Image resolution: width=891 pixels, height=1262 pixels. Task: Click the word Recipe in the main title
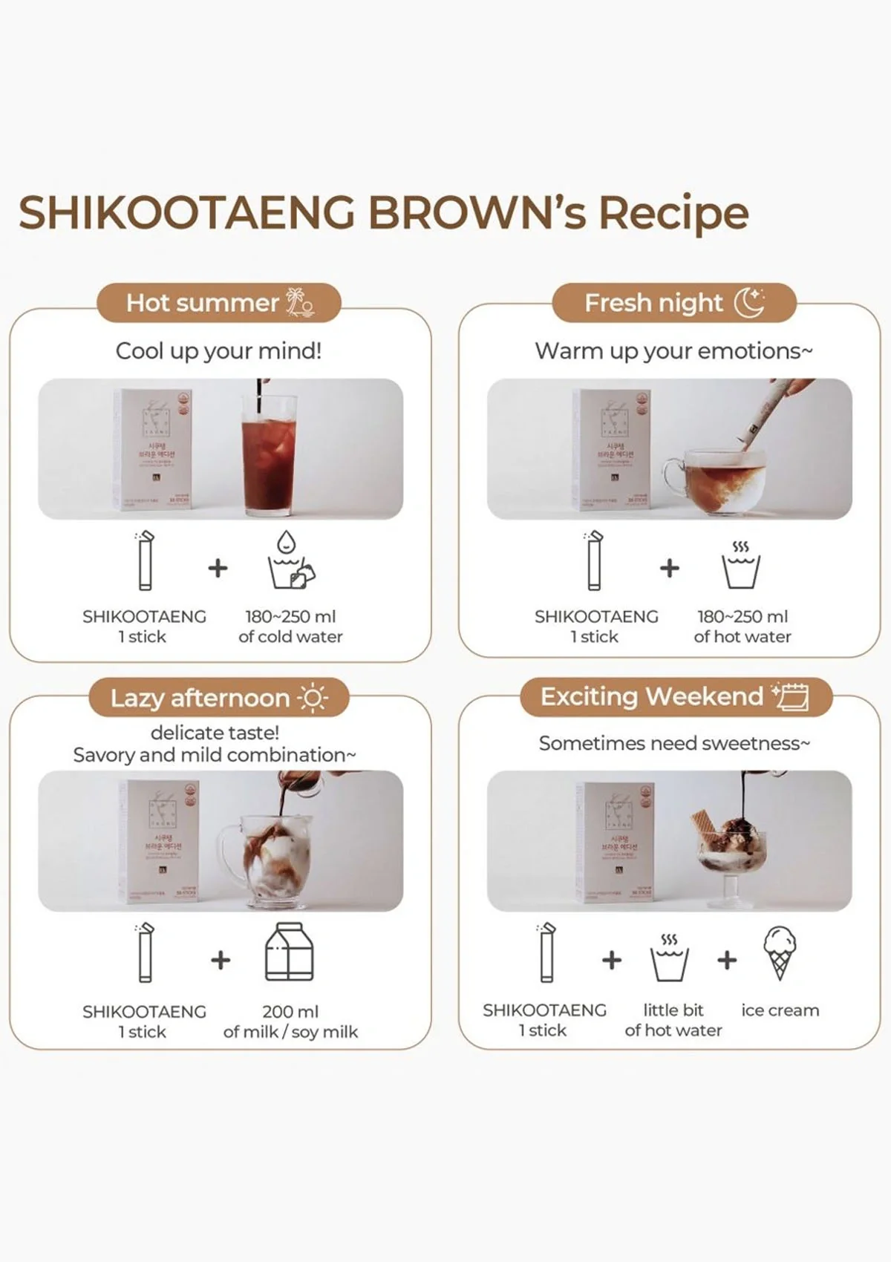[673, 213]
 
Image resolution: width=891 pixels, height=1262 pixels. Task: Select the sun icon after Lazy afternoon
[312, 698]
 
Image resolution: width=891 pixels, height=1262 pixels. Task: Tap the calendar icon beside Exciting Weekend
[791, 696]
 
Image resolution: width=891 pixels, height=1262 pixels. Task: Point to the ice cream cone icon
[779, 952]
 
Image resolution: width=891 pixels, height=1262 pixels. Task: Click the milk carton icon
[290, 952]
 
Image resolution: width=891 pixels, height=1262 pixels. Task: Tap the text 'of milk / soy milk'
[290, 1032]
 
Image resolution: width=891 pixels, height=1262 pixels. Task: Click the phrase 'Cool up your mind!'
[219, 350]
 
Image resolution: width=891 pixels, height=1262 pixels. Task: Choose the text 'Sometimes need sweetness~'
[673, 743]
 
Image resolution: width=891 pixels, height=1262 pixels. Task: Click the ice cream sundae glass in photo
[731, 854]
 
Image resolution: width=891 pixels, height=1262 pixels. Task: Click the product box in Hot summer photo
[152, 449]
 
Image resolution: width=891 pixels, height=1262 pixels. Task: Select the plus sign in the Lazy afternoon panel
[221, 960]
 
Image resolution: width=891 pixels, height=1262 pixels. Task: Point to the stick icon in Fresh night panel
[594, 561]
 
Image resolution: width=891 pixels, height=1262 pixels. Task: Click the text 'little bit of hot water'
[673, 1020]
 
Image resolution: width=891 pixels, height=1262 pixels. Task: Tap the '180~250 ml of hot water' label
[742, 627]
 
